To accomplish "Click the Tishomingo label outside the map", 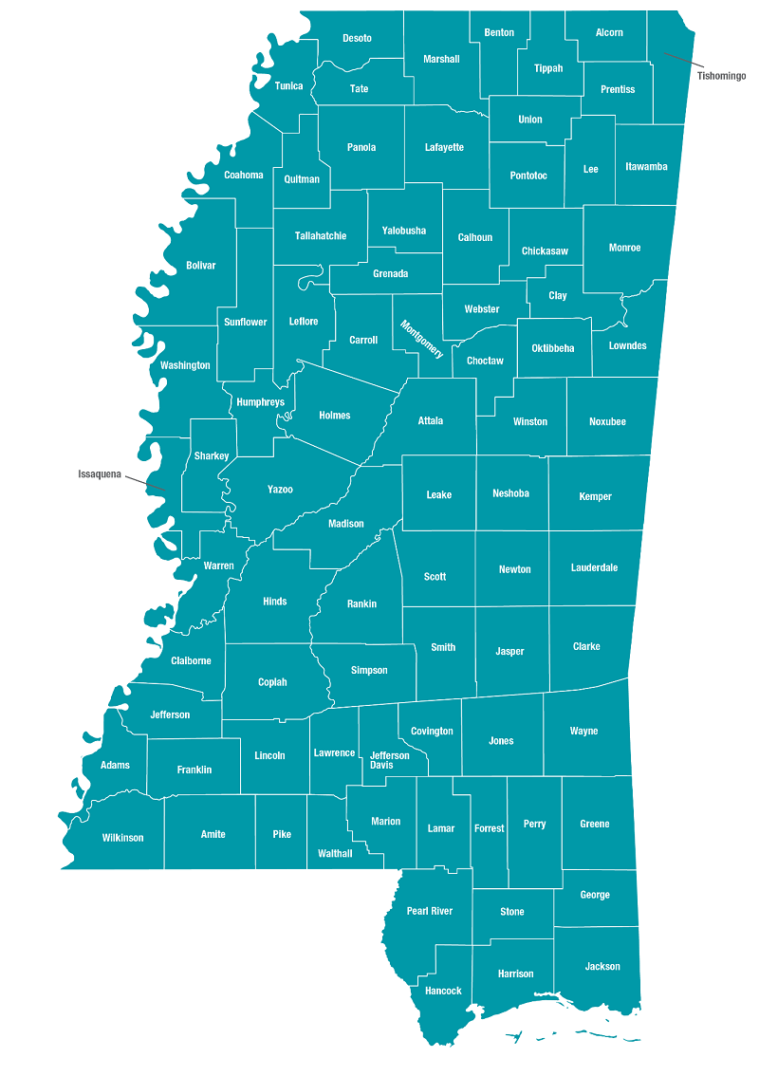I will [x=721, y=75].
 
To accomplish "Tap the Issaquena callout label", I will [x=100, y=473].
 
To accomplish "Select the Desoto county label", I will [x=358, y=38].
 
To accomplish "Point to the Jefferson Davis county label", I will [x=389, y=760].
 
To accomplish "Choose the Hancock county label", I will [x=443, y=991].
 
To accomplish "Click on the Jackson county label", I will [x=602, y=966].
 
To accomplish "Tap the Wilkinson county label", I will [x=122, y=838].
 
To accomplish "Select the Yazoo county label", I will [x=280, y=490].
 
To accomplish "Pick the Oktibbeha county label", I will [x=553, y=348].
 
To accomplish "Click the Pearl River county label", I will [x=430, y=911].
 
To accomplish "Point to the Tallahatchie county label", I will [x=321, y=235].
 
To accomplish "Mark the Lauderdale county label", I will [x=594, y=567].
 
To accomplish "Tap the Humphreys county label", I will [x=260, y=402].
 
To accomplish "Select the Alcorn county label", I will [x=609, y=32].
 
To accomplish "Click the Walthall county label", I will [x=335, y=853].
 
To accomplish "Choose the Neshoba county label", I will [x=510, y=493].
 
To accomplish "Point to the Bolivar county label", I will [x=201, y=266].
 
